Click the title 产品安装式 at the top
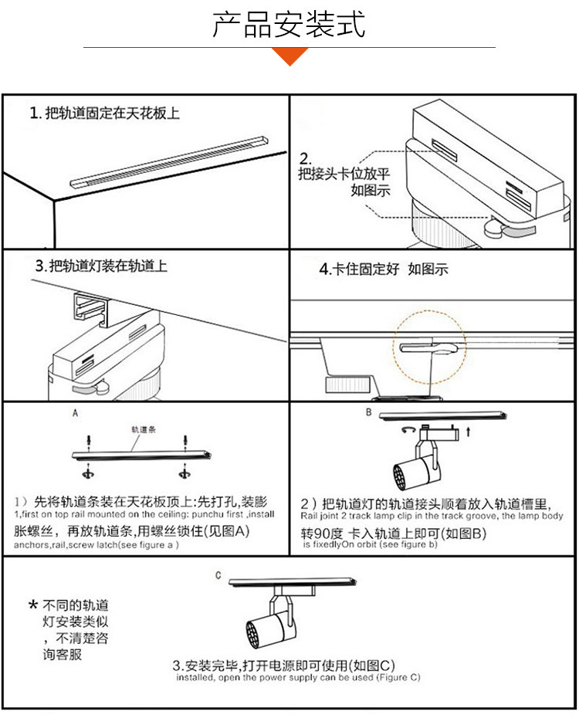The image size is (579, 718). coord(289,25)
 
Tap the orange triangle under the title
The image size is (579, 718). coord(291,56)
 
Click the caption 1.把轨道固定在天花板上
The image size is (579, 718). coord(105,113)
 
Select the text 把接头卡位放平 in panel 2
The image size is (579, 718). coord(339,174)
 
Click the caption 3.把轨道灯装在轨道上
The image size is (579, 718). coord(101,266)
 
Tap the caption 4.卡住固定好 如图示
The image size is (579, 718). coord(384,269)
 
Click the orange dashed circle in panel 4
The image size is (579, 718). coord(430,348)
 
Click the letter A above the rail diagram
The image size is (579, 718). coord(75,413)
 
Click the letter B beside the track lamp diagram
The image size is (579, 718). coord(368,413)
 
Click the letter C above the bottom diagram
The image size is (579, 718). coord(218,575)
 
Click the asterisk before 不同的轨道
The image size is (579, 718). coord(33,605)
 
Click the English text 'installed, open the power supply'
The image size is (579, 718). coord(297,678)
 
